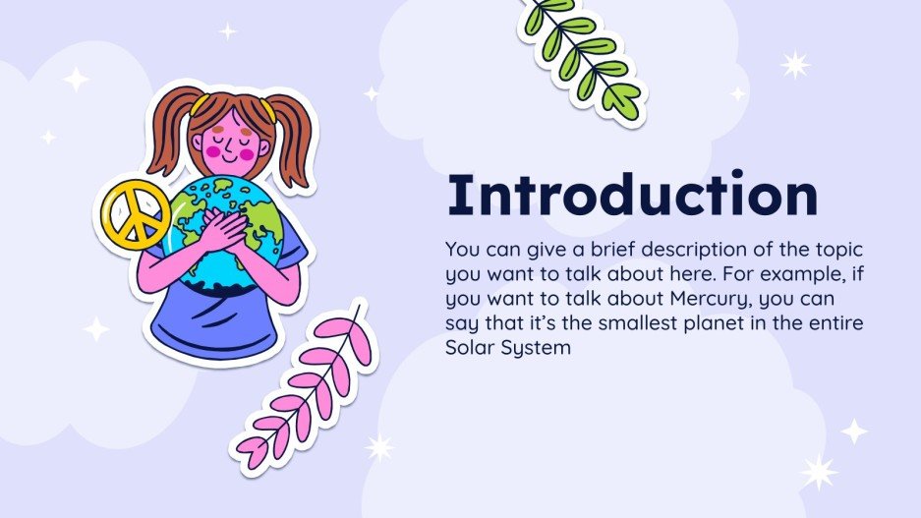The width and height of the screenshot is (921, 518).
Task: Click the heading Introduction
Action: coord(632,195)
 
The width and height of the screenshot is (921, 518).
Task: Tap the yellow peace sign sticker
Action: coord(136,215)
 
